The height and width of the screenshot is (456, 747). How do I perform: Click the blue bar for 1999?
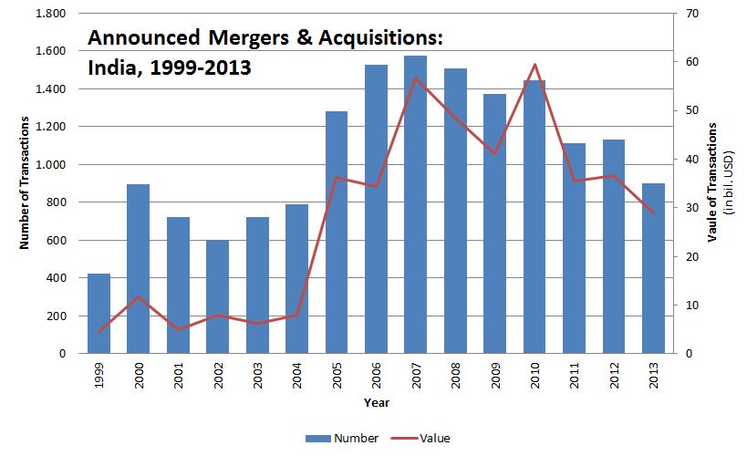click(x=99, y=314)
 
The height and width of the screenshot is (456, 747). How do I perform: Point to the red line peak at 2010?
click(x=534, y=65)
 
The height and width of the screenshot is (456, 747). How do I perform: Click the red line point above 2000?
click(x=139, y=297)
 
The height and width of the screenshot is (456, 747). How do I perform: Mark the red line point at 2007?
click(x=416, y=78)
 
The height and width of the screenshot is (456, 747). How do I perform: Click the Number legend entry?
click(x=346, y=438)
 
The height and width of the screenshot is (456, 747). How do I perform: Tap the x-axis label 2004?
click(x=297, y=376)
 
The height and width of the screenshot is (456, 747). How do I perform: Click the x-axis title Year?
click(x=376, y=402)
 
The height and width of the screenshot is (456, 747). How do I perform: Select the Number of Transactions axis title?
click(x=25, y=183)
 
